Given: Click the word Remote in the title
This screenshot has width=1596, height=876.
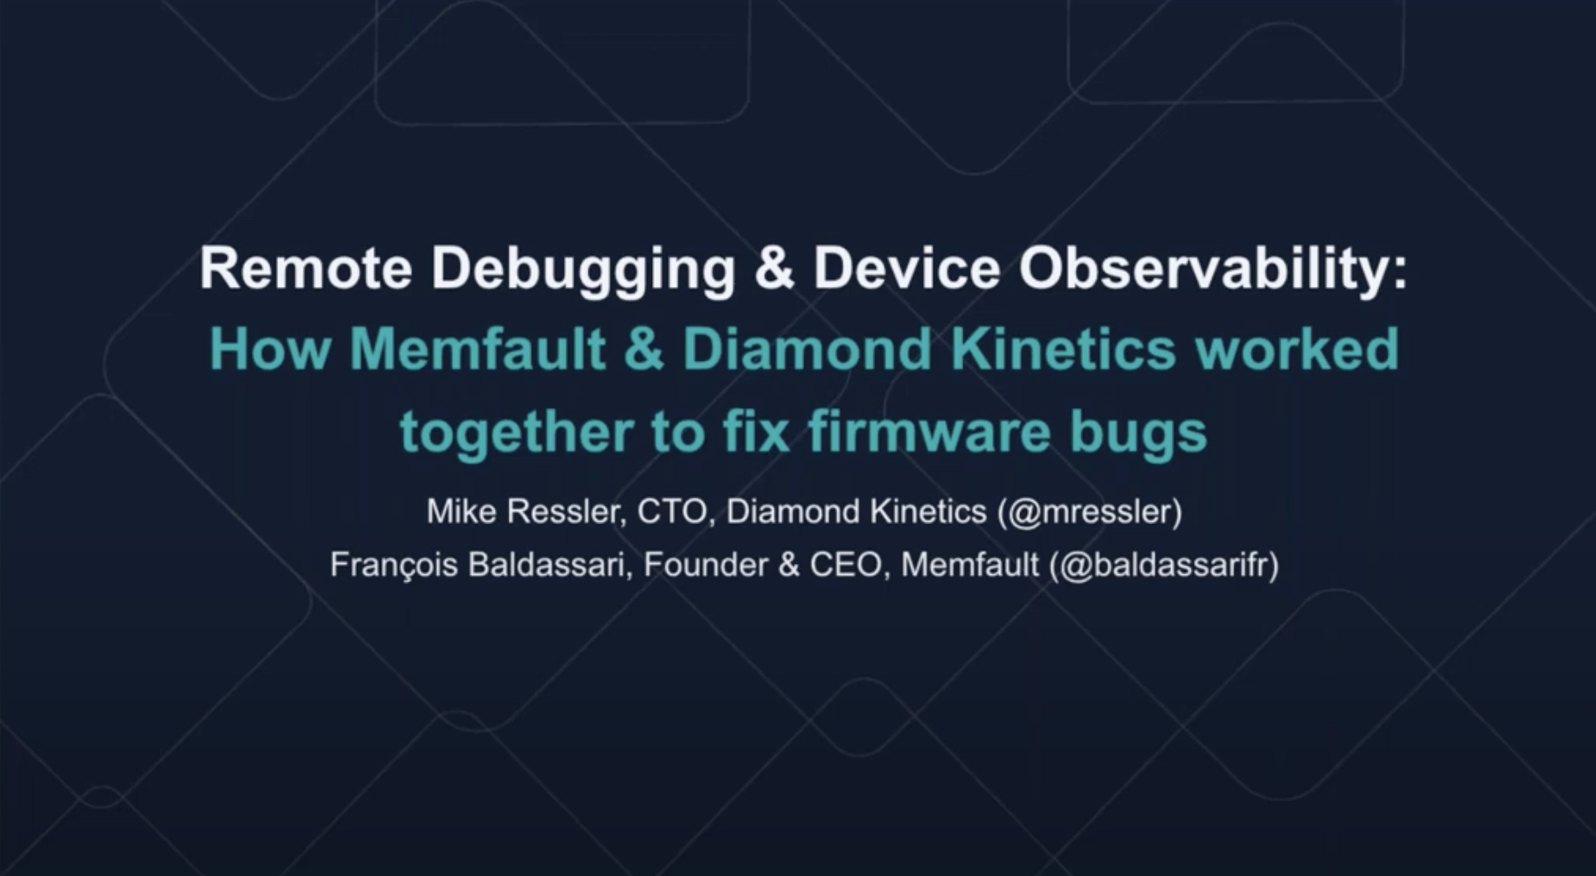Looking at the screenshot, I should pyautogui.click(x=306, y=269).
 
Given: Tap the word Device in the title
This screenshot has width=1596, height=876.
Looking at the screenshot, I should pyautogui.click(x=906, y=269).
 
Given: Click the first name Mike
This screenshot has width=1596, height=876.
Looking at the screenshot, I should pyautogui.click(x=461, y=511).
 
